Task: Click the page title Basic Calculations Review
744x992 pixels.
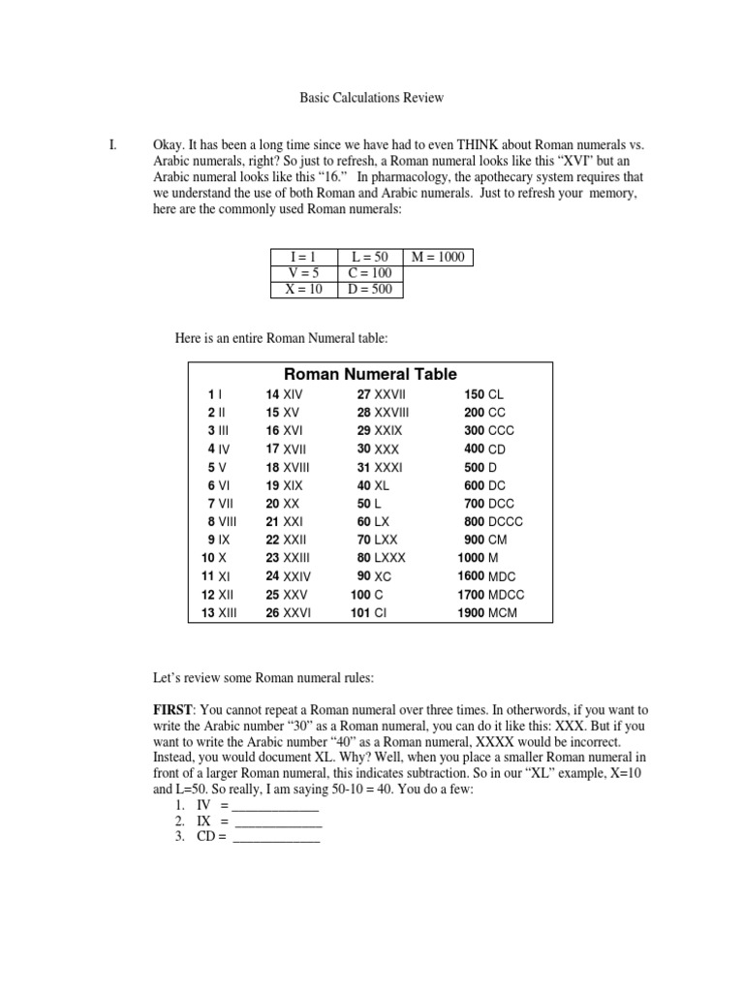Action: (371, 98)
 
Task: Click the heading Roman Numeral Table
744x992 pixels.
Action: (370, 374)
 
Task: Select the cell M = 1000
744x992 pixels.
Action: (438, 257)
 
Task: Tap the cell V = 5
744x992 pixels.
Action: (303, 273)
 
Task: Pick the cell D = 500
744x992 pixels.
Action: (369, 290)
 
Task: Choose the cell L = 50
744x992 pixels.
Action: (369, 257)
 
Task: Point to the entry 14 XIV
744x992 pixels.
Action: (285, 395)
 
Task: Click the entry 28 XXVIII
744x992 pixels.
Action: (383, 413)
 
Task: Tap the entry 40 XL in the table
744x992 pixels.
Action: (374, 485)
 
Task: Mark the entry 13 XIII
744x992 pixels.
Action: (219, 612)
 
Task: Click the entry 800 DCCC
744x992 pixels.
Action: (493, 521)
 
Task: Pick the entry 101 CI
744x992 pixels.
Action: (368, 612)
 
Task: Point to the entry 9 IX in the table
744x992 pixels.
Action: (218, 540)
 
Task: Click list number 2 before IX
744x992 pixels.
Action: (180, 821)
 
